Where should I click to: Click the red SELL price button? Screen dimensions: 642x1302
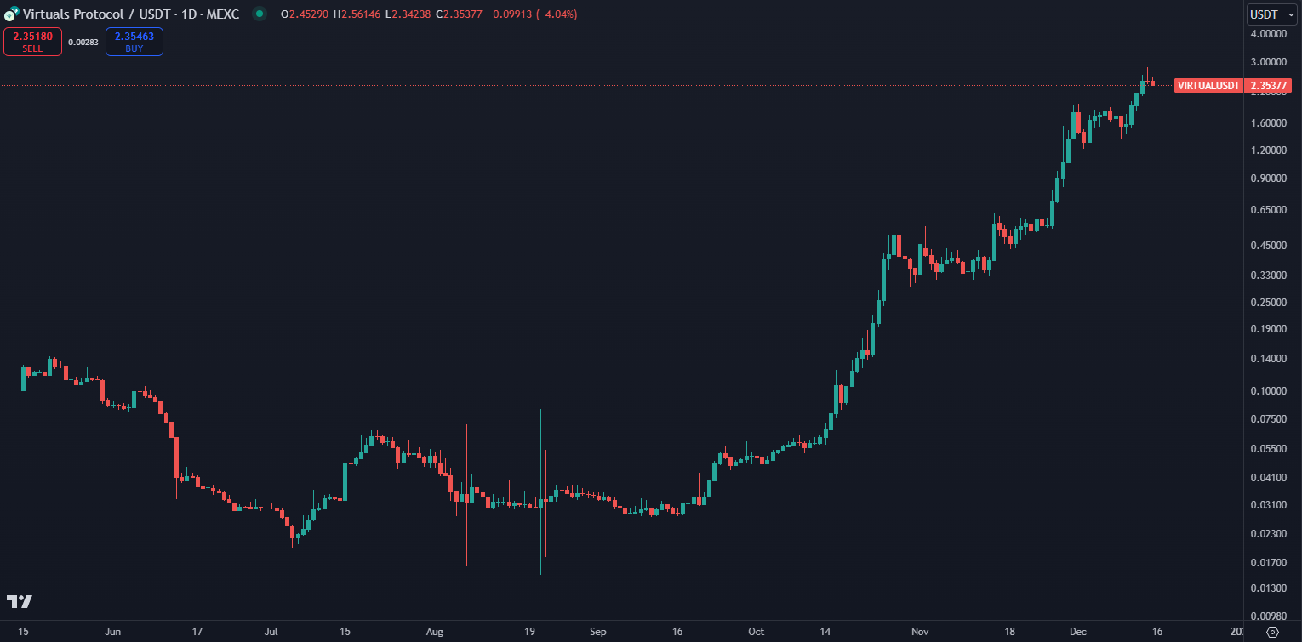pyautogui.click(x=32, y=42)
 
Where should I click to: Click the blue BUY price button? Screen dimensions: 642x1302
pyautogui.click(x=134, y=42)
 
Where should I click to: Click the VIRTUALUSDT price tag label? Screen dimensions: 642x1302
pyautogui.click(x=1208, y=85)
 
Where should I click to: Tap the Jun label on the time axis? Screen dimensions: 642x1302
pyautogui.click(x=112, y=632)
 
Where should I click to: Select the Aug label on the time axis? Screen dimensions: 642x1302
pyautogui.click(x=435, y=632)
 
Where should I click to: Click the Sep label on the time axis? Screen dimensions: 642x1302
pyautogui.click(x=598, y=632)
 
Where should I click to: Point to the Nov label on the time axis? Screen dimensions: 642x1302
pyautogui.click(x=920, y=632)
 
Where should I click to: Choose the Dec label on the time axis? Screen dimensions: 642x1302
pyautogui.click(x=1078, y=632)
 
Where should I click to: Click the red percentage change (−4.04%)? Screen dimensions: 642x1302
pyautogui.click(x=556, y=14)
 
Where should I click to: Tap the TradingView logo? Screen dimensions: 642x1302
pyautogui.click(x=20, y=601)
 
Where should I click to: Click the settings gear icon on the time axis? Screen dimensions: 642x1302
pyautogui.click(x=1272, y=632)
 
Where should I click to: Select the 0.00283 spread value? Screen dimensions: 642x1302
pyautogui.click(x=83, y=42)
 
